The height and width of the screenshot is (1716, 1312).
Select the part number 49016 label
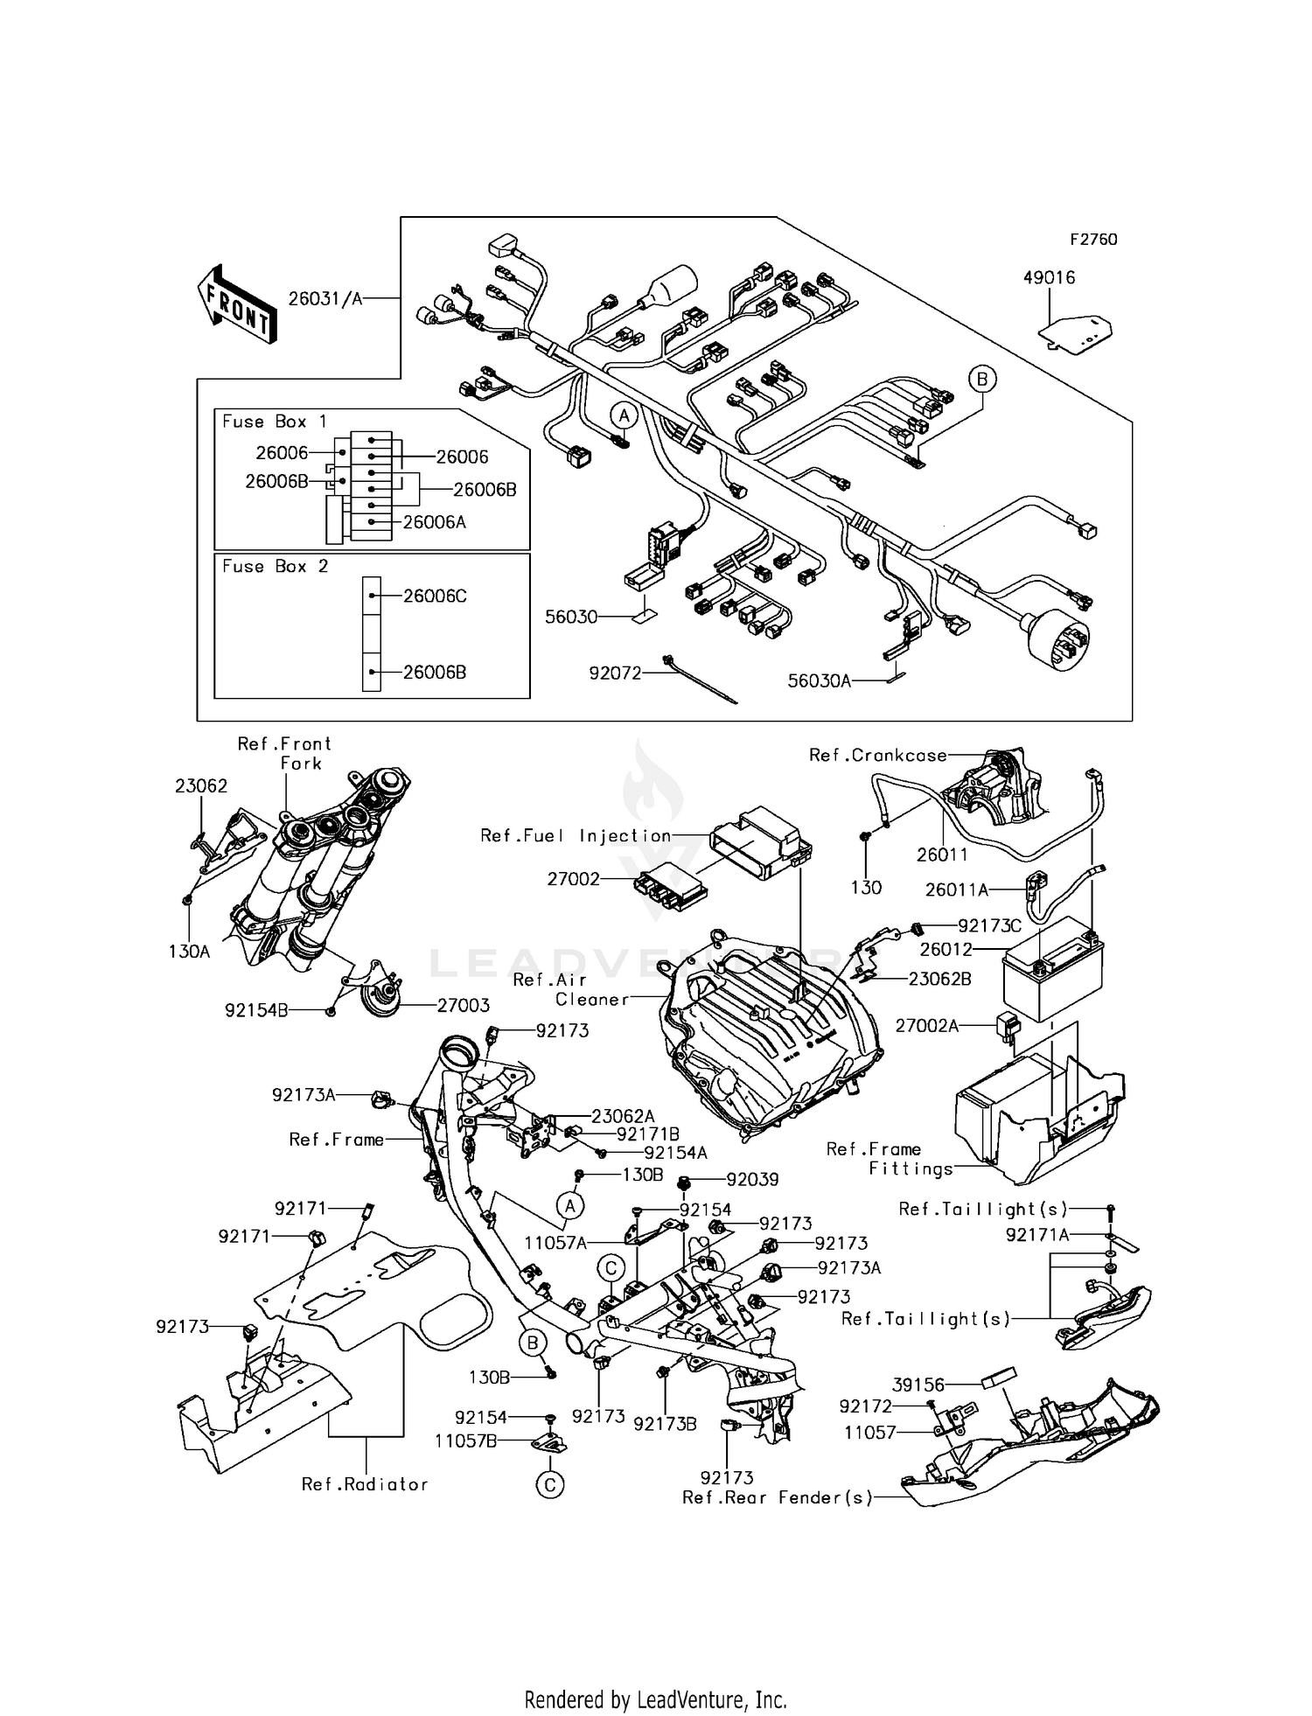pos(1049,277)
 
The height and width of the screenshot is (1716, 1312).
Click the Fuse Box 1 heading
pos(274,422)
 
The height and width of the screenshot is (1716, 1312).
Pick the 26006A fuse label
pos(434,522)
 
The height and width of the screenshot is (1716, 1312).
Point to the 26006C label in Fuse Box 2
pos(435,596)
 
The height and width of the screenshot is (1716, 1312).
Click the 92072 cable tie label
pos(614,673)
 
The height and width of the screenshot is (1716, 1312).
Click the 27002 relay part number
pos(574,879)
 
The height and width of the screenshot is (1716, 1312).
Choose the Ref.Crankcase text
pos(877,755)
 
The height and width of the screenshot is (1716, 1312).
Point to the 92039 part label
pos(752,1179)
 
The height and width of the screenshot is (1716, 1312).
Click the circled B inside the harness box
pos(982,379)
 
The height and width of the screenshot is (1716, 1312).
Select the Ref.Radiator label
pos(365,1484)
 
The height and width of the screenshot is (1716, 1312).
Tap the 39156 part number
pos(918,1385)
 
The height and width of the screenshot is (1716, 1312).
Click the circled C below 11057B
pos(550,1484)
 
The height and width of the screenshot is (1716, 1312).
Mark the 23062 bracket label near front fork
pos(201,785)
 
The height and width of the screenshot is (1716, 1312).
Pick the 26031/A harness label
pos(325,299)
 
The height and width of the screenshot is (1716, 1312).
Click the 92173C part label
pos(989,925)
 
